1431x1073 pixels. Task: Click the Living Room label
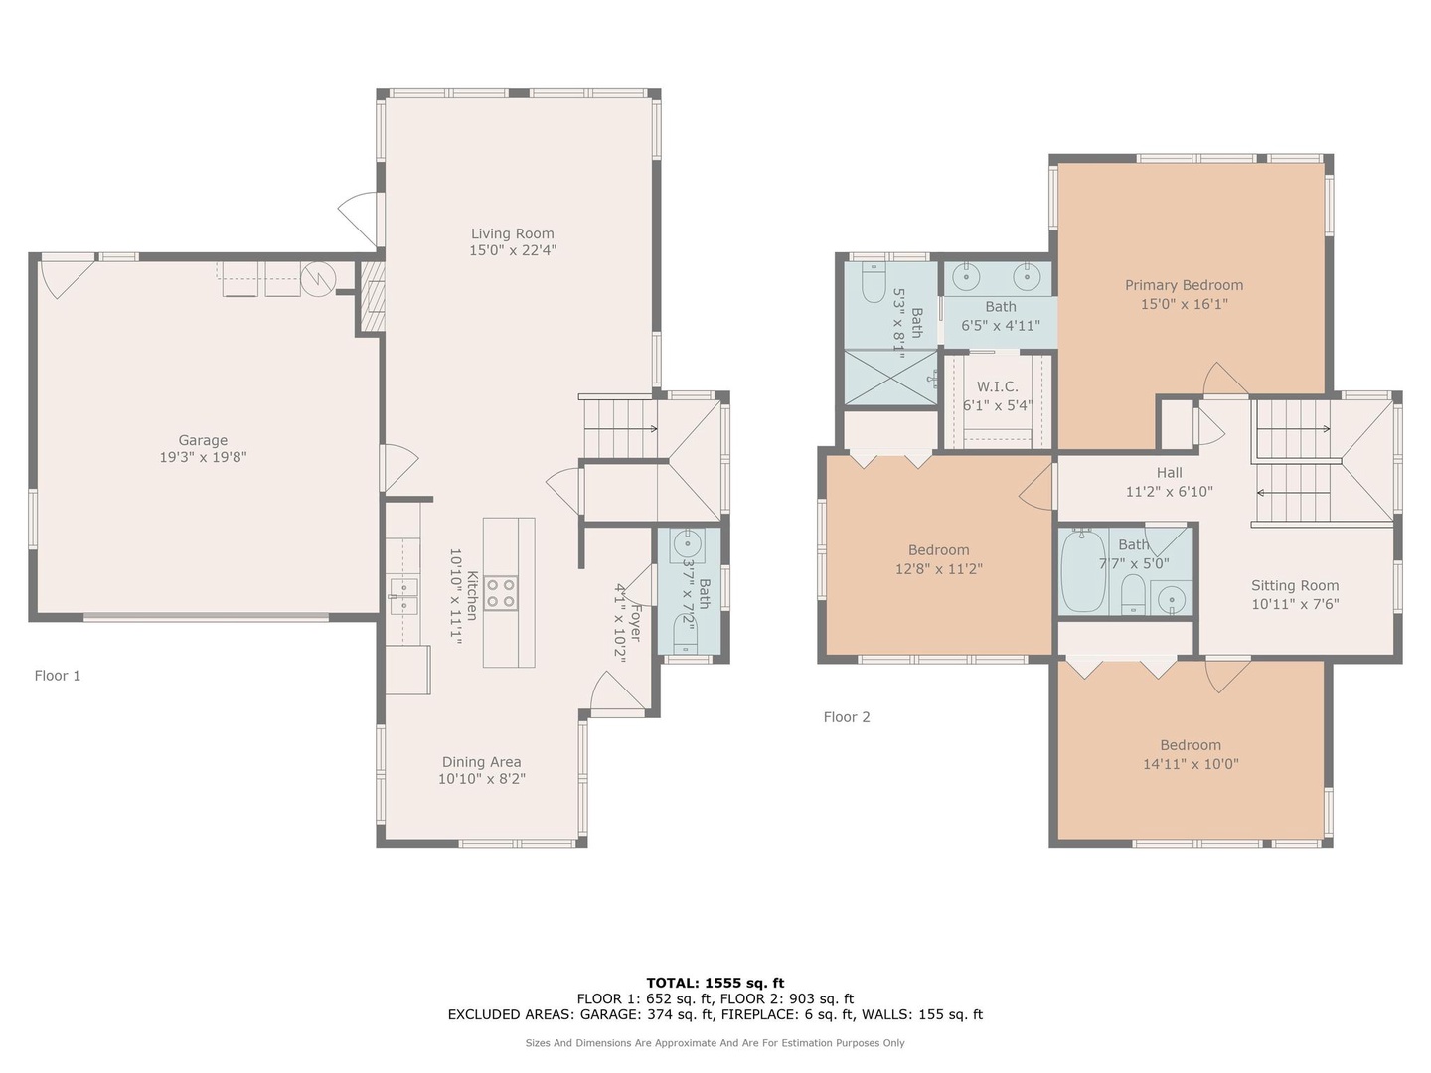pos(513,233)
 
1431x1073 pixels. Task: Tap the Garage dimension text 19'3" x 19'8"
pos(204,457)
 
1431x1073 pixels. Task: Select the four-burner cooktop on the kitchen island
pos(501,593)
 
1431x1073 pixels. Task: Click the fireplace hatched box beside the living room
pos(373,296)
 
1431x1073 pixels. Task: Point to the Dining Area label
pos(482,762)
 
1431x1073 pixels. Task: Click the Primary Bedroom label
pos(1184,285)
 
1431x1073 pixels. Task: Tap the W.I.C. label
pos(998,387)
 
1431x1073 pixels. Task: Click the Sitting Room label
pos(1295,586)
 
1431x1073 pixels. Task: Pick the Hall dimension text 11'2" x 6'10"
pos(1170,492)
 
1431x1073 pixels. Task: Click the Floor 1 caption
pos(58,676)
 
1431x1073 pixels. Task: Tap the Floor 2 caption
pos(847,717)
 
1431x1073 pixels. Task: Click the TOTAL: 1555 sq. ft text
pos(715,984)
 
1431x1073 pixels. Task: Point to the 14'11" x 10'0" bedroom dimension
pos(1191,764)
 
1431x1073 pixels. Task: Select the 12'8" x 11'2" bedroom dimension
pos(939,569)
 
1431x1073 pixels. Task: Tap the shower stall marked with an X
pos(891,378)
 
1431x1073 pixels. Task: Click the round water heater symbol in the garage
pos(318,279)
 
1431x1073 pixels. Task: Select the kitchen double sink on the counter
pos(404,597)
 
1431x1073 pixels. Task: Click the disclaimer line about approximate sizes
pos(715,1043)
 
